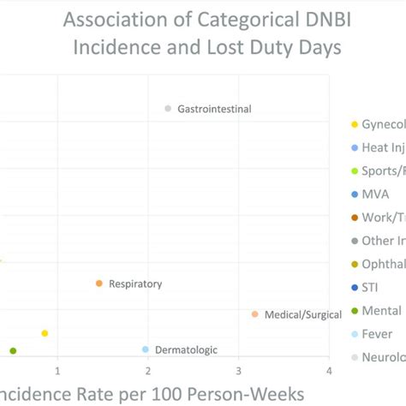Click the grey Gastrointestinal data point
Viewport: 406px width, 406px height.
(x=168, y=108)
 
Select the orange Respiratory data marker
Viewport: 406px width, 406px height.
(x=99, y=284)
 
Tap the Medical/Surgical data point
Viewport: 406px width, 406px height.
(x=254, y=314)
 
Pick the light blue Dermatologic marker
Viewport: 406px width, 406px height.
(x=146, y=349)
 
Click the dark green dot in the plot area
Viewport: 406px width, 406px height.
(x=13, y=350)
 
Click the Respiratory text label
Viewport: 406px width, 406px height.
(x=135, y=284)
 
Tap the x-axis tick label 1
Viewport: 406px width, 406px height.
(x=57, y=371)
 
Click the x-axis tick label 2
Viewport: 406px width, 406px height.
(x=148, y=371)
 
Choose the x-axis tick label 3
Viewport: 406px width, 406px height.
(x=239, y=371)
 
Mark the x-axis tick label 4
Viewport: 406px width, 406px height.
(x=329, y=371)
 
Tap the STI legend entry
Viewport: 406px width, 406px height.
(x=371, y=288)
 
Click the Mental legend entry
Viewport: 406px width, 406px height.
(x=380, y=311)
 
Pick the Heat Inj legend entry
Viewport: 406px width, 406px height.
(x=382, y=147)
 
